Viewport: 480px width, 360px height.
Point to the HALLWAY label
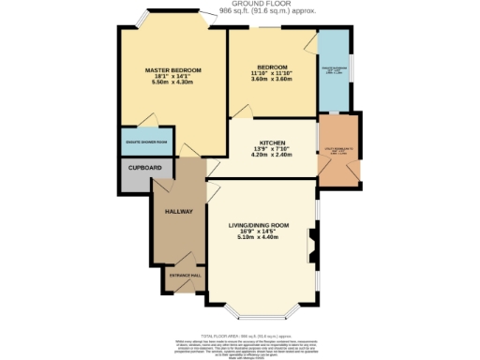[x=178, y=212]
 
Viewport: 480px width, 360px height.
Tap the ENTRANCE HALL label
[x=183, y=276]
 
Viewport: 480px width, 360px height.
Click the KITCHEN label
[x=271, y=142]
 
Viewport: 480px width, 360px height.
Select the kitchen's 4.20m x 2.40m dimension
[x=271, y=156]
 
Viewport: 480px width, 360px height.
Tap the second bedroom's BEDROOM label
[x=271, y=66]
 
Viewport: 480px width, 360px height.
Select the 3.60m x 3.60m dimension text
[x=271, y=79]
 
